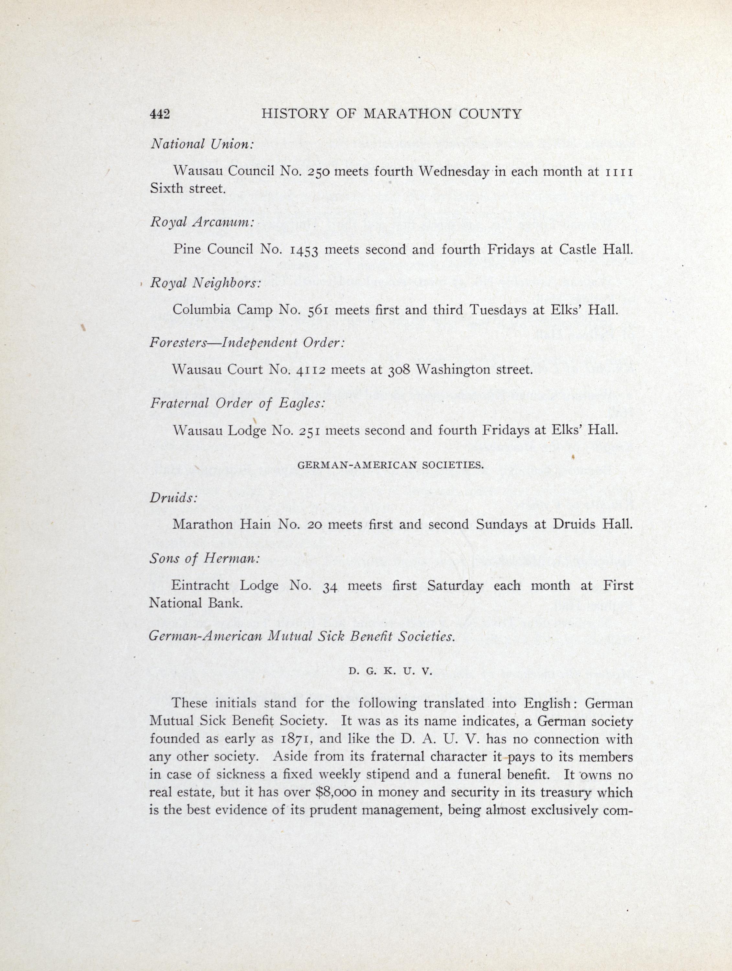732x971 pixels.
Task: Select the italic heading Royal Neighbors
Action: (205, 283)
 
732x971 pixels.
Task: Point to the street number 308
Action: (398, 370)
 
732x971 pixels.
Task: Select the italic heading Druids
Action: (173, 498)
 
